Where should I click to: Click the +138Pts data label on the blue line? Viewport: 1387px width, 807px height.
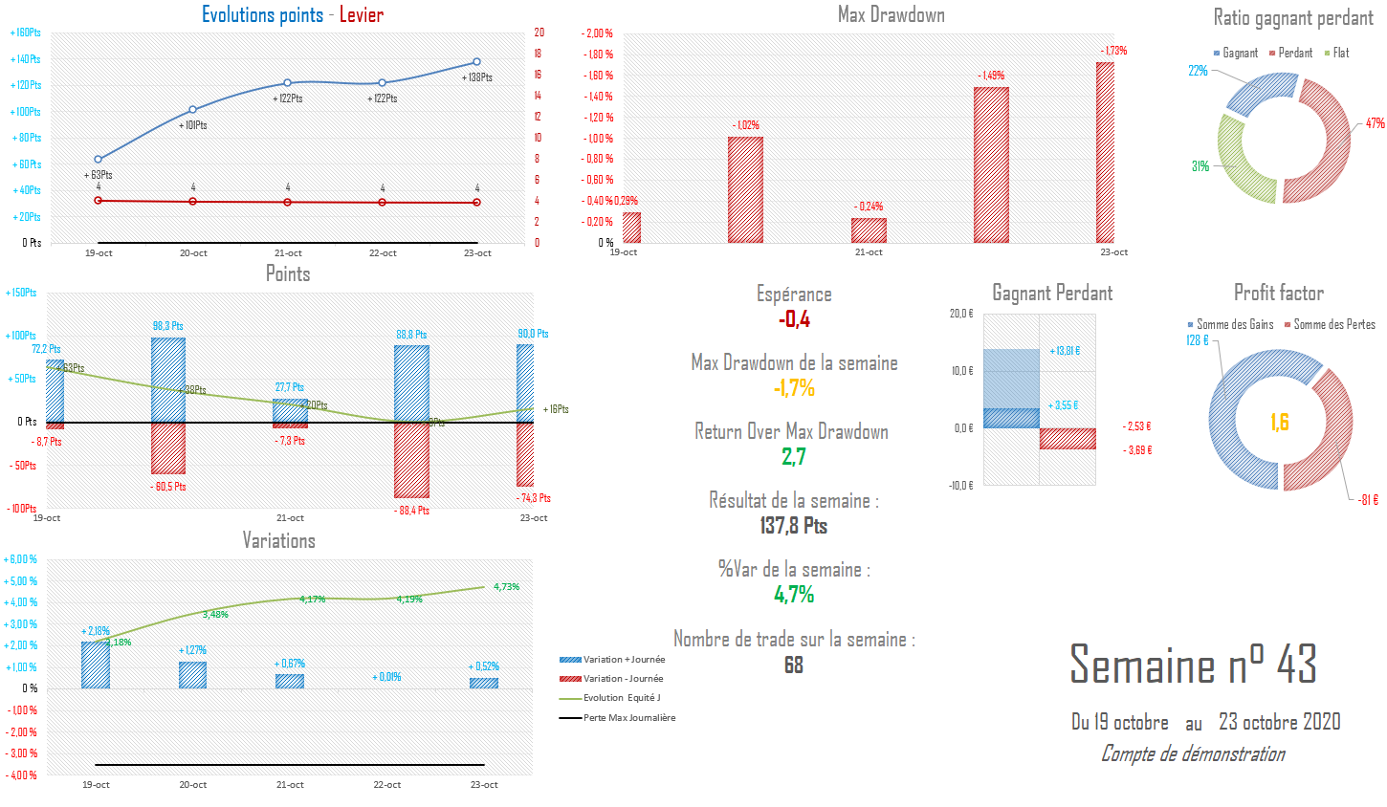tap(476, 77)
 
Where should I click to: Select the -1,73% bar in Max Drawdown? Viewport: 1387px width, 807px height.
tap(1105, 153)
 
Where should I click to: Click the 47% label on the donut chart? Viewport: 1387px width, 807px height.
tap(1375, 123)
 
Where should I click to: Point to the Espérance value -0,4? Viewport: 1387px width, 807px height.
tap(794, 319)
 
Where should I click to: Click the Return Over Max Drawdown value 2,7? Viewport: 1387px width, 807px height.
tap(794, 457)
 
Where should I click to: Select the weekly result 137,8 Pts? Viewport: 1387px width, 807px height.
tap(794, 526)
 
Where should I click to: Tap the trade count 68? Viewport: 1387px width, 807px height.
tap(794, 665)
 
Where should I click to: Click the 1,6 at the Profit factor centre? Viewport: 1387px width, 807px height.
tap(1280, 422)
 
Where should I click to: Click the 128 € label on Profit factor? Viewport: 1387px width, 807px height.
tap(1198, 340)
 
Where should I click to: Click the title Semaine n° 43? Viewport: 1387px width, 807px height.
tap(1193, 665)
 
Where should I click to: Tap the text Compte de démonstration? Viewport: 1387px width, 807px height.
tap(1193, 753)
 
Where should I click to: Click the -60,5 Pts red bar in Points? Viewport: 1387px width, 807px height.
tap(168, 447)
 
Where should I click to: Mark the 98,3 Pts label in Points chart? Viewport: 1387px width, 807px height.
tap(168, 326)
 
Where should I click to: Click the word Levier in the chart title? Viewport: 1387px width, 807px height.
tap(362, 14)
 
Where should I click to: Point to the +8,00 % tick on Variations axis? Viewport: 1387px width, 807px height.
tap(21, 559)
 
